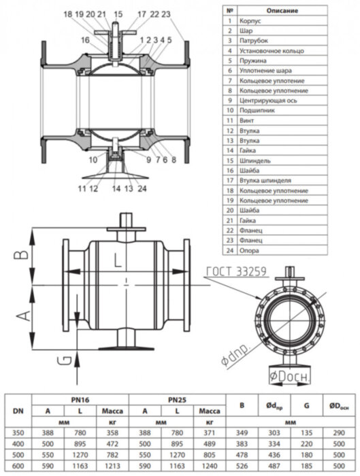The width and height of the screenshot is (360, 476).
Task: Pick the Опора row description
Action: point(248,250)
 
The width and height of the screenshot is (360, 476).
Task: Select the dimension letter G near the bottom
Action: point(62,361)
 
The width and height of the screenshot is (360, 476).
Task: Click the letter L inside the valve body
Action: point(118,259)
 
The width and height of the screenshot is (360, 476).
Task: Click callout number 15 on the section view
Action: point(118,14)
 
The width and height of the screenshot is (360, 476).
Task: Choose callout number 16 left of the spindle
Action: point(85,41)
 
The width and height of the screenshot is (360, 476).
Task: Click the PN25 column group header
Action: point(177,400)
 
